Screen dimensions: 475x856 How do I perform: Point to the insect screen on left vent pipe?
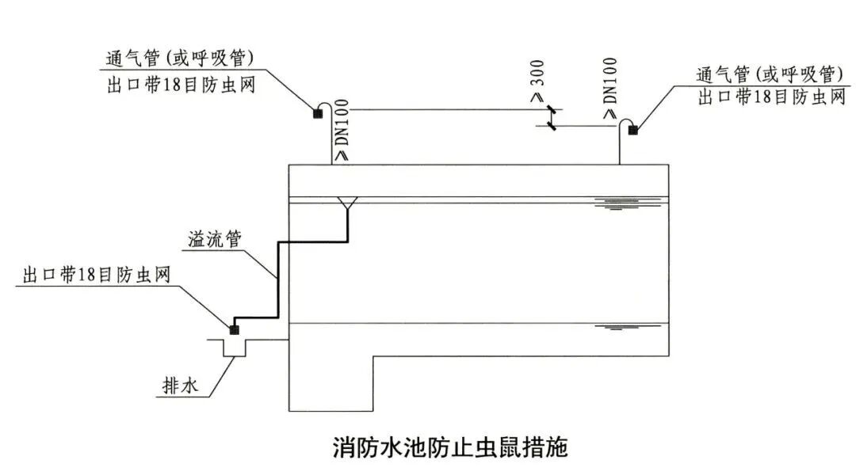pos(318,114)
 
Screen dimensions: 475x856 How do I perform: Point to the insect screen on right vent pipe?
pos(632,131)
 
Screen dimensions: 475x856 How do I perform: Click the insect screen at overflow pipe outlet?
pos(234,329)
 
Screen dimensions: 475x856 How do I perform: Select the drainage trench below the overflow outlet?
pos(235,348)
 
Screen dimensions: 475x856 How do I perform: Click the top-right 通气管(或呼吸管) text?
pos(766,74)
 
